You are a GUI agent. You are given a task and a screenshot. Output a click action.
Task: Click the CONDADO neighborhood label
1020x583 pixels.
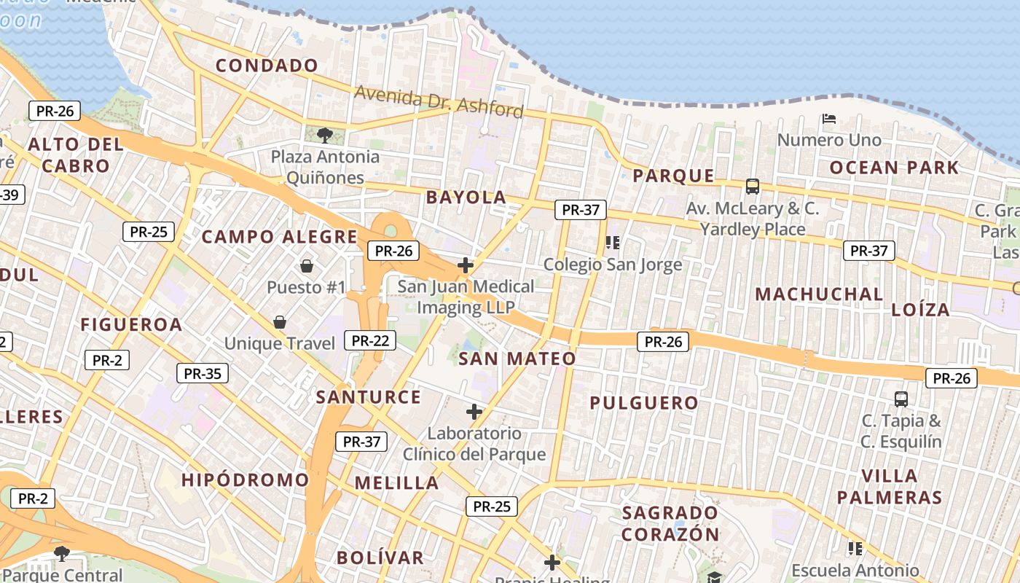[267, 66]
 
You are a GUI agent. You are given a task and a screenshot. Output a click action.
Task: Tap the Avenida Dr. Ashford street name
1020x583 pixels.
[439, 101]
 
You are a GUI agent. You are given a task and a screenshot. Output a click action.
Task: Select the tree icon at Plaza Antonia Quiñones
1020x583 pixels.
[325, 134]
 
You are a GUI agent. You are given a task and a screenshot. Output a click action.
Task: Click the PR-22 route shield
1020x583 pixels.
[372, 340]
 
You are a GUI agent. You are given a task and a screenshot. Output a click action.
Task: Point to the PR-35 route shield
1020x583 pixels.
[202, 374]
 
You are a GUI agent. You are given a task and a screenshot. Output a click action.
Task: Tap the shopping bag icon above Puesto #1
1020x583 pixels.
[307, 265]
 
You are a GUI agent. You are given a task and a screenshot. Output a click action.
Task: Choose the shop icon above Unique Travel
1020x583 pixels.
[279, 321]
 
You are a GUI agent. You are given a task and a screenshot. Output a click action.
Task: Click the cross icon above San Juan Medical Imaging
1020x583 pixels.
[466, 265]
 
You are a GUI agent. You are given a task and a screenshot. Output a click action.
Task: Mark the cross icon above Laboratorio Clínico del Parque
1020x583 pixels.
[474, 412]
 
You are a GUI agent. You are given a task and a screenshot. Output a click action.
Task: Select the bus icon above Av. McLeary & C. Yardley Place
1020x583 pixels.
[753, 187]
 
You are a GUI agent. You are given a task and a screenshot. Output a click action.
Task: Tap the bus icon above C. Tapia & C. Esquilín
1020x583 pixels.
[901, 399]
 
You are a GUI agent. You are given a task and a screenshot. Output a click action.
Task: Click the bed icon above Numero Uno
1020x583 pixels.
[828, 118]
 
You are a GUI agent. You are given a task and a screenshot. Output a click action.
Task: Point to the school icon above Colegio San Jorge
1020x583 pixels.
[612, 242]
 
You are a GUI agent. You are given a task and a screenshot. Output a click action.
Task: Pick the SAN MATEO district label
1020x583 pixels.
[517, 359]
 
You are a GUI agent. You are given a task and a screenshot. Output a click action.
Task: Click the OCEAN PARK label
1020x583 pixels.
[895, 168]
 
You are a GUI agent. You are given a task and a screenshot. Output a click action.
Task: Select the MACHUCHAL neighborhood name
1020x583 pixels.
[819, 294]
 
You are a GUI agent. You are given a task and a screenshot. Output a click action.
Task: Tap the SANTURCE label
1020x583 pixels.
[369, 397]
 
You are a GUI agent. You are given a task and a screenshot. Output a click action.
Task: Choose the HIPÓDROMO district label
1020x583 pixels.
[246, 480]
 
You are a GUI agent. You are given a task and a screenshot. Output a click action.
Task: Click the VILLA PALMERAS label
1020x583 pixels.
[890, 487]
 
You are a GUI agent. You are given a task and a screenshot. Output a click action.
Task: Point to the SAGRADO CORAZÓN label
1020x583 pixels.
[671, 523]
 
